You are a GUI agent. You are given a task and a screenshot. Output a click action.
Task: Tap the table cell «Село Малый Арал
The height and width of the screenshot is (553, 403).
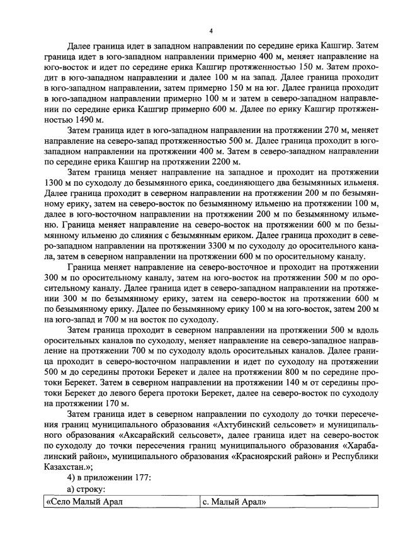coord(83,501)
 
